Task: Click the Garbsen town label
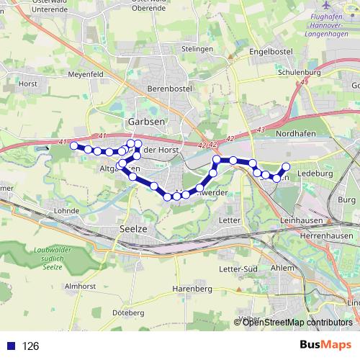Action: point(145,122)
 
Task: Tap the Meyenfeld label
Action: point(86,73)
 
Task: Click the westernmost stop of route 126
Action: point(73,146)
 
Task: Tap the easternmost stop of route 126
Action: point(287,167)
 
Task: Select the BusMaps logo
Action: point(325,345)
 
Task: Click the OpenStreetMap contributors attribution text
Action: point(297,323)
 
